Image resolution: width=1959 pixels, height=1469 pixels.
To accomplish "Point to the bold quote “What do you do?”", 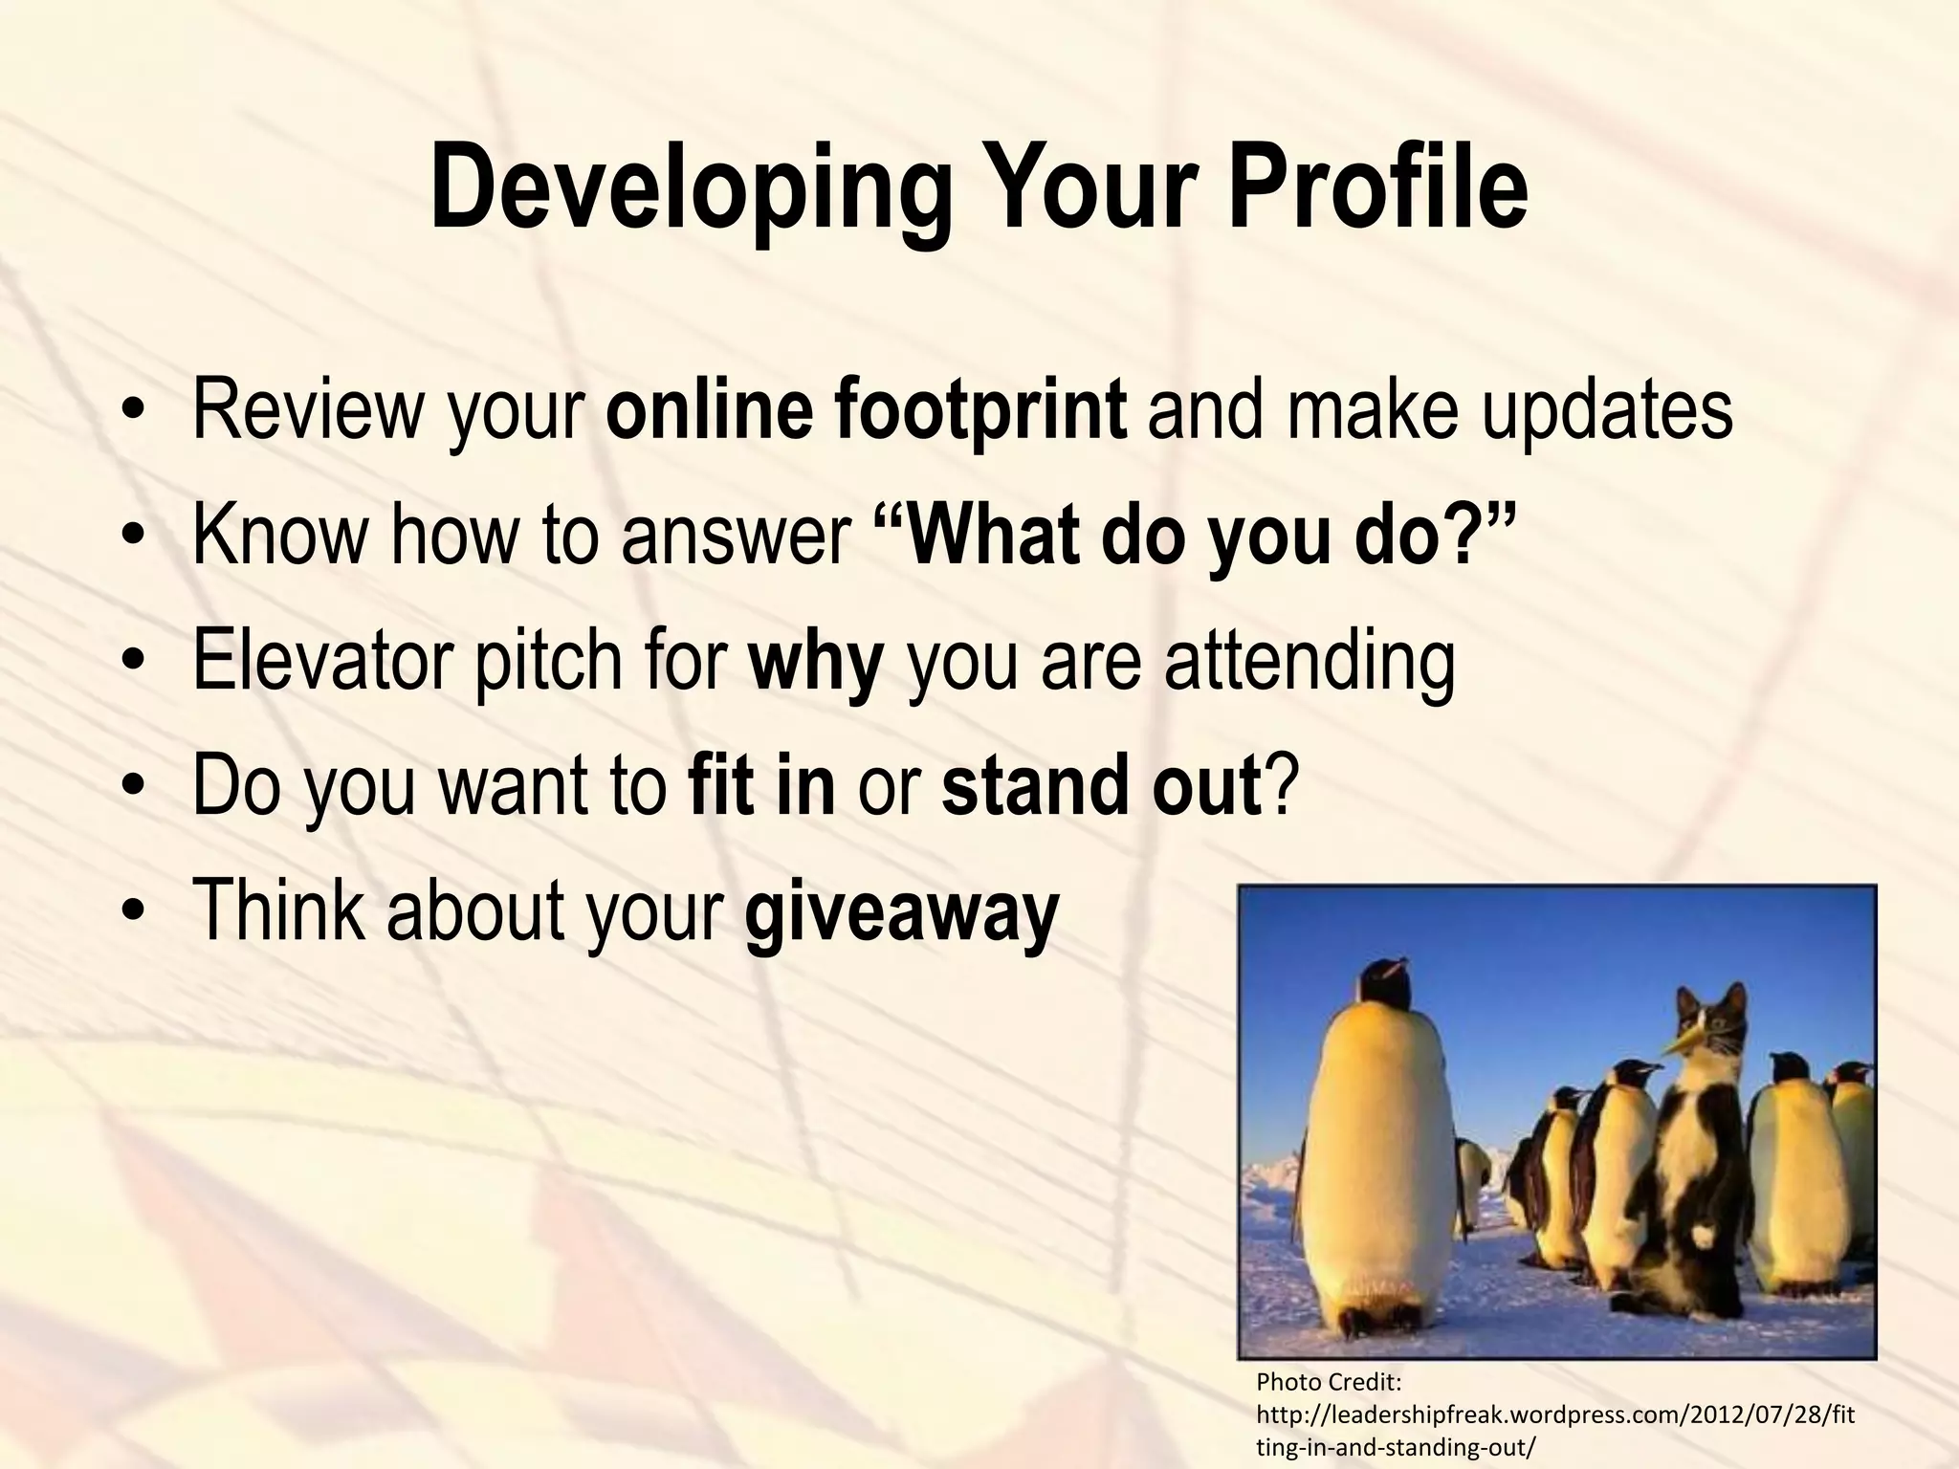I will [1195, 536].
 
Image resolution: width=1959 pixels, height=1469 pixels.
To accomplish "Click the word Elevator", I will [321, 660].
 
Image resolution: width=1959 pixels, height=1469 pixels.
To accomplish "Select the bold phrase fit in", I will [761, 786].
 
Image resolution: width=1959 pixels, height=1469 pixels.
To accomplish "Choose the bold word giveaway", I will [901, 910].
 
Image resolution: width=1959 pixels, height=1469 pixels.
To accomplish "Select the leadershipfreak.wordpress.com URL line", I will [1553, 1414].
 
